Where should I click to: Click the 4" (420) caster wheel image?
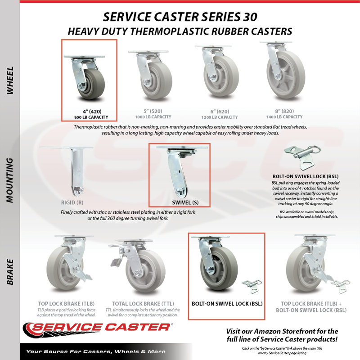tap(85, 78)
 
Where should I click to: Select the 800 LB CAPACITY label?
tap(91, 117)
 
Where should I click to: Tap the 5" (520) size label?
tap(153, 111)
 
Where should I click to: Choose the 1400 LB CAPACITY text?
tap(284, 117)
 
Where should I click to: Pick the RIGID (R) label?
tap(72, 203)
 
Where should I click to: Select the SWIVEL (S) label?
tap(185, 203)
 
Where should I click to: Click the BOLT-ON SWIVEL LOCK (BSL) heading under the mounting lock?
tap(306, 176)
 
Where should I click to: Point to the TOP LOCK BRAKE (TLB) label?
tap(66, 304)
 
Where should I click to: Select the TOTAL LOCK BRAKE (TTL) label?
tap(143, 304)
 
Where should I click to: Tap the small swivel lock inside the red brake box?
tap(252, 286)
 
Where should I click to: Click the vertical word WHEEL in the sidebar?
tap(10, 81)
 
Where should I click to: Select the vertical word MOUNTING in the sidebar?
tap(10, 180)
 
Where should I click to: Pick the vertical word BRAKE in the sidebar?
tap(10, 272)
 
